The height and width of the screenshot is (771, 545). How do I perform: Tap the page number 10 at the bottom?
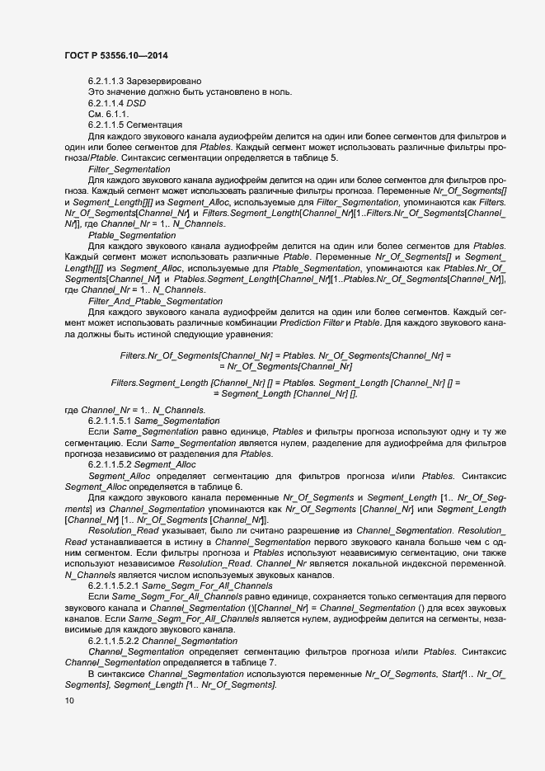[x=69, y=701]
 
